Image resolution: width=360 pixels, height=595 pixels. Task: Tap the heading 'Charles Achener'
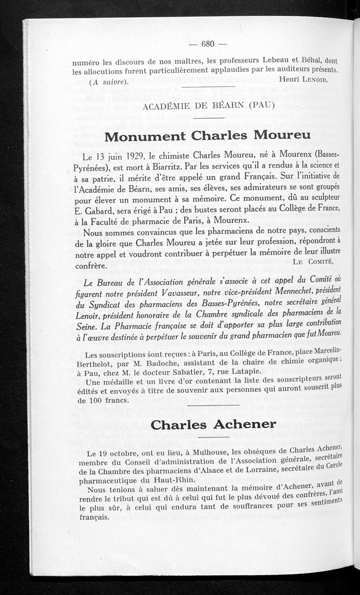213,424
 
